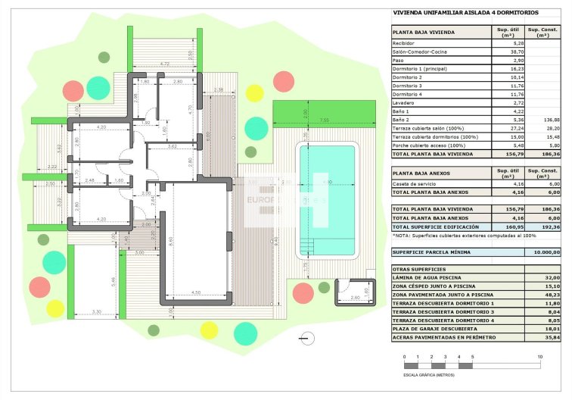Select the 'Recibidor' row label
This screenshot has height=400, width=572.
click(404, 44)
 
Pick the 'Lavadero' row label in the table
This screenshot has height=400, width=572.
click(403, 102)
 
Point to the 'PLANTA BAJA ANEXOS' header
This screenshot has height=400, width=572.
click(421, 173)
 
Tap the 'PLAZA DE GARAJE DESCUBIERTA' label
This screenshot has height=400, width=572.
click(434, 329)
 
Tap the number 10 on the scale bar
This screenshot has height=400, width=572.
click(539, 356)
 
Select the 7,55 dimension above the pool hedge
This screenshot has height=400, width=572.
click(323, 120)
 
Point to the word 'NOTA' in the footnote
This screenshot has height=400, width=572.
click(401, 235)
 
